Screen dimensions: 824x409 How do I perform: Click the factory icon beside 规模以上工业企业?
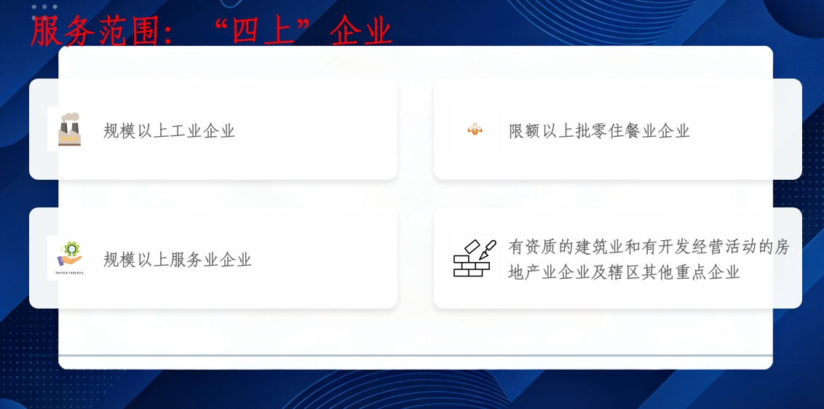pos(69,130)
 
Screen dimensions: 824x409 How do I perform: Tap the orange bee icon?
pos(475,129)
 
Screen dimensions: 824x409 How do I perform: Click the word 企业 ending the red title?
pos(362,31)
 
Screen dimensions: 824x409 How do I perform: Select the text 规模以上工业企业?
pos(169,130)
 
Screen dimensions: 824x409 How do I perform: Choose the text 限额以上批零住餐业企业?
pos(599,130)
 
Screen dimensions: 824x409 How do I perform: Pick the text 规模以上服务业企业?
pos(178,259)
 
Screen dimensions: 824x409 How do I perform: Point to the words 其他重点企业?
pos(691,271)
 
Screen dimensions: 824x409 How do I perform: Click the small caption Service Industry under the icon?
pos(69,273)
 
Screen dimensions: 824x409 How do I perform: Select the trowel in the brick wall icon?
pos(488,250)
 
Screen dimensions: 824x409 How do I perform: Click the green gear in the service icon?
pos(72,247)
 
